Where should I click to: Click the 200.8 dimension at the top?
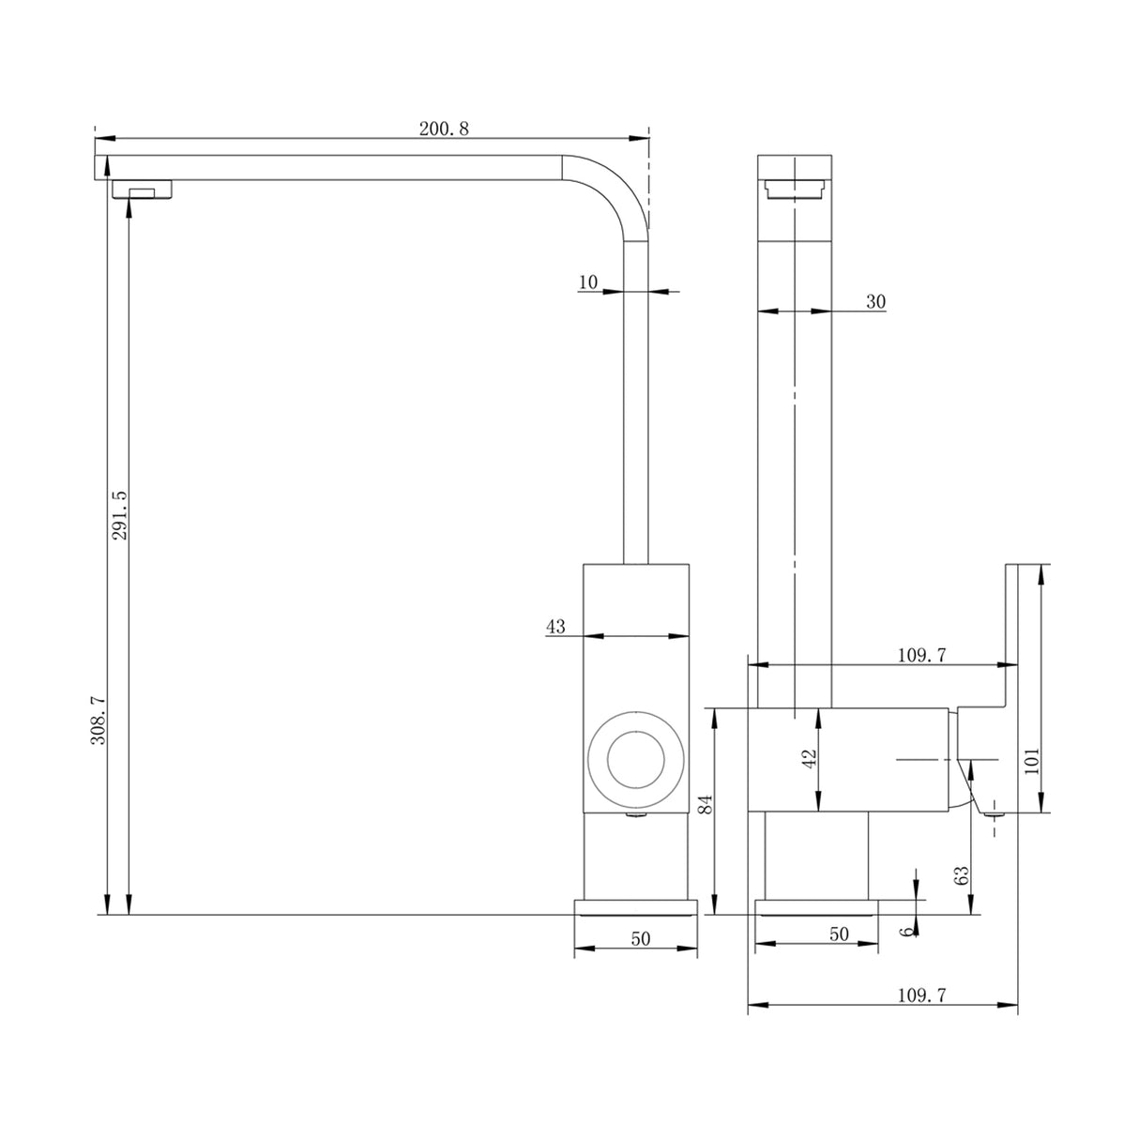pyautogui.click(x=444, y=129)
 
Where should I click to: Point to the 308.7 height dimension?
pyautogui.click(x=98, y=720)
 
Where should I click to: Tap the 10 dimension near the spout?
pyautogui.click(x=588, y=281)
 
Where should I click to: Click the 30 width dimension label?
pyautogui.click(x=875, y=301)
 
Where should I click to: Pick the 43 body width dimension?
pyautogui.click(x=555, y=627)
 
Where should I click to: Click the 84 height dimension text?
pyautogui.click(x=706, y=803)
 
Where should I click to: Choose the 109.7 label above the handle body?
pyautogui.click(x=921, y=656)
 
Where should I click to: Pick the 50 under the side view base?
pyautogui.click(x=839, y=934)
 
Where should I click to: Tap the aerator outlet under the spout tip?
pyautogui.click(x=143, y=190)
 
